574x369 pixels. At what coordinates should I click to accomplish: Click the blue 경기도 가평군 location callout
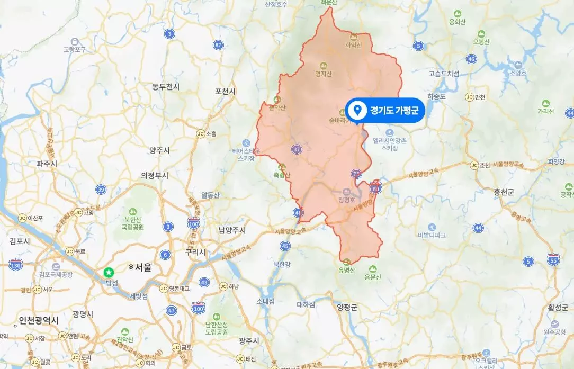(x=385, y=110)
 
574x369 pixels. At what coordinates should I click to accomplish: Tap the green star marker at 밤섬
(x=109, y=272)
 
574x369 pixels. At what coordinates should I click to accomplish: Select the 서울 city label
(x=143, y=267)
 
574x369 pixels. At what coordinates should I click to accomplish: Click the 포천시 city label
(x=225, y=91)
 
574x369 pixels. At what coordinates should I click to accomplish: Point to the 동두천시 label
(x=166, y=86)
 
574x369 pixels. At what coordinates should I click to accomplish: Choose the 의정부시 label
(x=154, y=175)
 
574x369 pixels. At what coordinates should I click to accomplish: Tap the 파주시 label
(x=47, y=164)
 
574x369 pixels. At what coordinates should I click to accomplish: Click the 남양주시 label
(x=232, y=230)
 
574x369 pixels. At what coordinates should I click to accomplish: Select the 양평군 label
(x=347, y=306)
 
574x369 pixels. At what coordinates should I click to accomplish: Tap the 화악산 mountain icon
(x=353, y=37)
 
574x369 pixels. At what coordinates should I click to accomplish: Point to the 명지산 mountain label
(x=323, y=74)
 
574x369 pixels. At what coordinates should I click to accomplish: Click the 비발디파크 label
(x=432, y=235)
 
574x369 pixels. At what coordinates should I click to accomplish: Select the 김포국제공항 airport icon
(x=56, y=266)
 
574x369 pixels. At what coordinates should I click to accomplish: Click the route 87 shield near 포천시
(x=219, y=45)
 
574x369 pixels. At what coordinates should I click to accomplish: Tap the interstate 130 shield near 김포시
(x=16, y=263)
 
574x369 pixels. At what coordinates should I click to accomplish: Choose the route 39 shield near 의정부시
(x=101, y=189)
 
